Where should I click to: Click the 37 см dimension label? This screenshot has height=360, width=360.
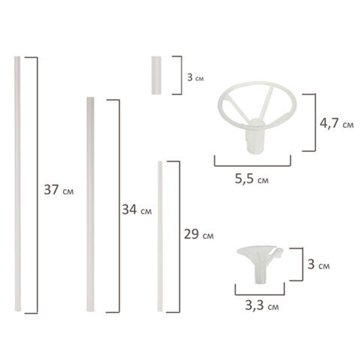(59, 190)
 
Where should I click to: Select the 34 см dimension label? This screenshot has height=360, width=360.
(136, 210)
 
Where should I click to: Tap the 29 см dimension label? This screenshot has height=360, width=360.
(198, 234)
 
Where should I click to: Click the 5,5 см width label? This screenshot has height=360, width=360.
(252, 179)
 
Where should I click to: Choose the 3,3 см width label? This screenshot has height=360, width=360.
(262, 307)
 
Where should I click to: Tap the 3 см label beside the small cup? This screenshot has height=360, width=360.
(318, 265)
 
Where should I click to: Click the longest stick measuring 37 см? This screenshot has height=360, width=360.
(17, 184)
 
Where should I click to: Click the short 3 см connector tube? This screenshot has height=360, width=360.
(156, 75)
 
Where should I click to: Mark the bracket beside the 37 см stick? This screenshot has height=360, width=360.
(37, 185)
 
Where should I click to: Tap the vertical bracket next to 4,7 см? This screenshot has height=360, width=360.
(315, 122)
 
